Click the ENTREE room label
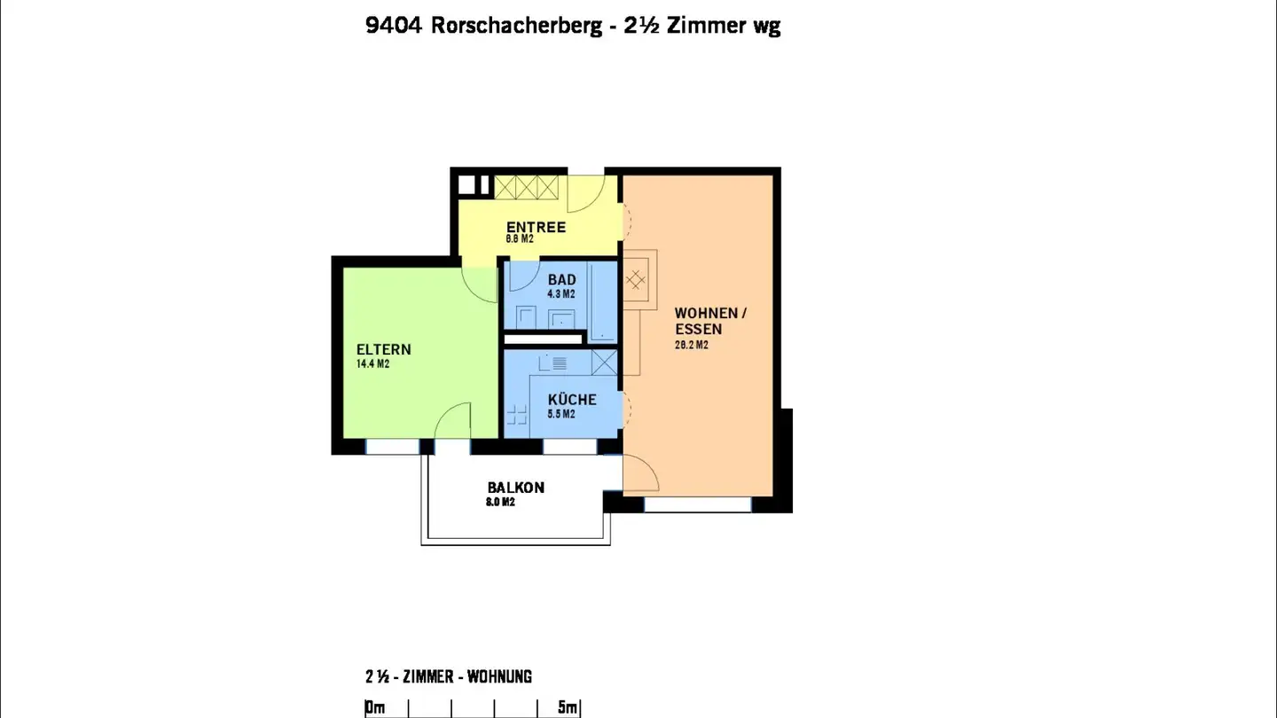pyautogui.click(x=536, y=228)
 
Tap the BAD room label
pyautogui.click(x=561, y=280)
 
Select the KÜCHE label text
pyautogui.click(x=572, y=400)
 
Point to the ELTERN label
pyautogui.click(x=383, y=349)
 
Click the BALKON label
pyautogui.click(x=515, y=488)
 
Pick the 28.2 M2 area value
pyautogui.click(x=692, y=346)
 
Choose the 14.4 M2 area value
pyautogui.click(x=372, y=364)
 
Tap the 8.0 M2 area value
pyautogui.click(x=501, y=502)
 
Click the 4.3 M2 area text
pyautogui.click(x=561, y=294)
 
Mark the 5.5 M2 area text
pyautogui.click(x=561, y=414)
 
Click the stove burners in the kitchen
pyautogui.click(x=515, y=413)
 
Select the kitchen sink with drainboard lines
pyautogui.click(x=556, y=363)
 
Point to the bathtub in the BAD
pyautogui.click(x=604, y=301)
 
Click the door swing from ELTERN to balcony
pyautogui.click(x=452, y=422)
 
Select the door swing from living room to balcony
pyautogui.click(x=640, y=473)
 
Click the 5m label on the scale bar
pyautogui.click(x=568, y=707)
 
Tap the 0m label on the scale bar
pyautogui.click(x=375, y=707)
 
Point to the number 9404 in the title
pyautogui.click(x=394, y=26)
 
